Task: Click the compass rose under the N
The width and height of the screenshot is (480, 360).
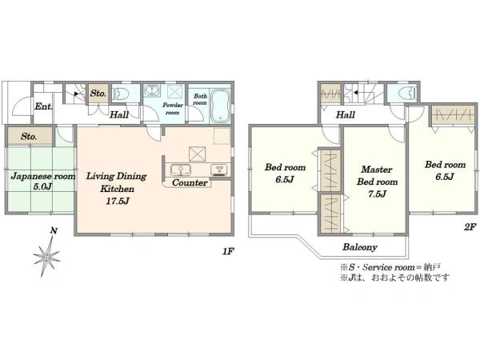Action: click(46, 257)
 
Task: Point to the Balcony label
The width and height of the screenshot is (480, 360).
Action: click(360, 247)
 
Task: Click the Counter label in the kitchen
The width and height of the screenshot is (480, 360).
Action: click(190, 182)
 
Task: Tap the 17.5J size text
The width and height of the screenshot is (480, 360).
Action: click(118, 201)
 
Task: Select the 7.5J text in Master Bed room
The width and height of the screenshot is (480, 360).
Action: click(377, 194)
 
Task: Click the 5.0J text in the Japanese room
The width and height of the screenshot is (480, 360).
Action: click(42, 186)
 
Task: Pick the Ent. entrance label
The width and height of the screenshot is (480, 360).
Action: click(43, 106)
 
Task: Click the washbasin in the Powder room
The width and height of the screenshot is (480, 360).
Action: click(151, 90)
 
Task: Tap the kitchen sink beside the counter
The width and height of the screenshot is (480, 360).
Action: click(181, 170)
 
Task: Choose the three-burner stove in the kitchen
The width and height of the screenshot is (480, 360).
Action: click(219, 170)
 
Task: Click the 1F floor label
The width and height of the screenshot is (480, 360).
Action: click(228, 252)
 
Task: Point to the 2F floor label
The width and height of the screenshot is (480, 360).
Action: click(470, 227)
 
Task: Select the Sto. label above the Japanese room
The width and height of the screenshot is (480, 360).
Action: click(29, 137)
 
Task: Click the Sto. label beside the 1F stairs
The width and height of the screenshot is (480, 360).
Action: click(98, 93)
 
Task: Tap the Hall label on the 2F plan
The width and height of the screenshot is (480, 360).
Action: click(346, 115)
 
